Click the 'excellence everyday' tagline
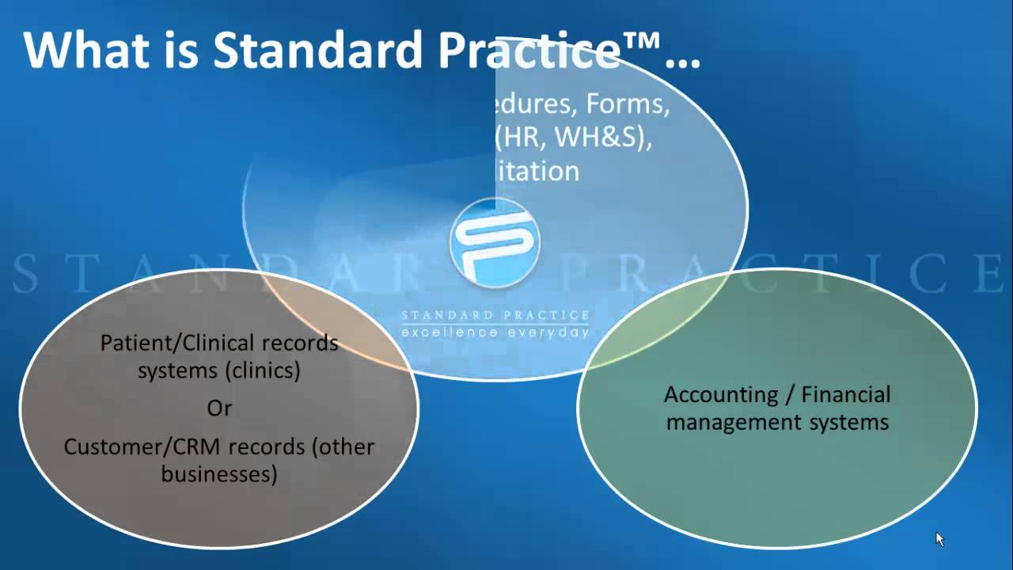[x=495, y=332]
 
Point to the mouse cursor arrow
[x=939, y=539]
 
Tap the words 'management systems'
[x=777, y=422]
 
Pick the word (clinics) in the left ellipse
[x=263, y=370]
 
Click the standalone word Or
[x=219, y=408]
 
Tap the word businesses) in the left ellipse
[x=219, y=474]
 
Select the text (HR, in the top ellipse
[x=522, y=138]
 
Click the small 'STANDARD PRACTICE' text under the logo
[x=495, y=316]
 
